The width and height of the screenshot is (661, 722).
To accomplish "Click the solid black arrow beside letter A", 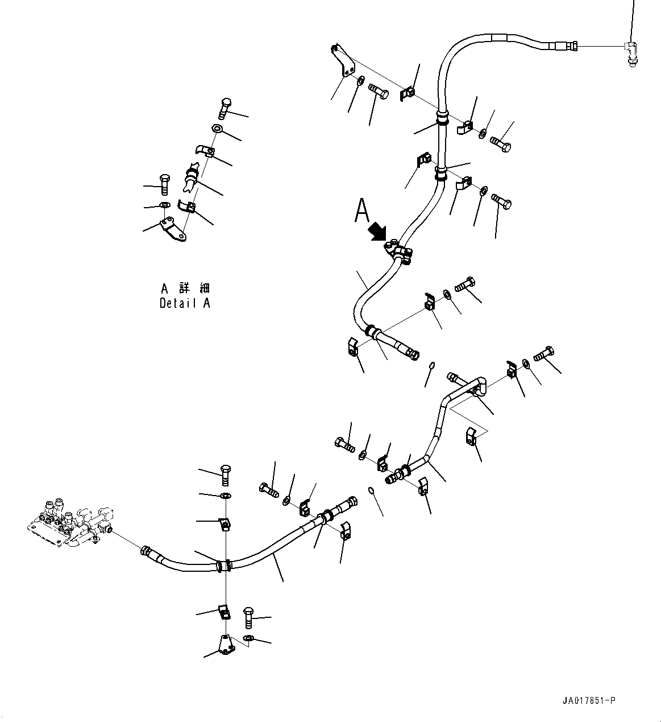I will [x=377, y=232].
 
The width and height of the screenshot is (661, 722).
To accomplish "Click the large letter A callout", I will [x=361, y=210].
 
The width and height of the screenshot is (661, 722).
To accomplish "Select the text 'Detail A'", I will [x=185, y=303].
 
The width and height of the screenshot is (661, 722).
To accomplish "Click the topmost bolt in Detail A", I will [x=225, y=108].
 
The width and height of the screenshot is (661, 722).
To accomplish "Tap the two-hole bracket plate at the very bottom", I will [x=225, y=644].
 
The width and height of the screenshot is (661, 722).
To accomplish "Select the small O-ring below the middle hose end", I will [x=431, y=365].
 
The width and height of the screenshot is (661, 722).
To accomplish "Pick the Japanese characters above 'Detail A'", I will [x=185, y=288].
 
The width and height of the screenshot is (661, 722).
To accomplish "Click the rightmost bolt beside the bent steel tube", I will [x=544, y=354].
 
